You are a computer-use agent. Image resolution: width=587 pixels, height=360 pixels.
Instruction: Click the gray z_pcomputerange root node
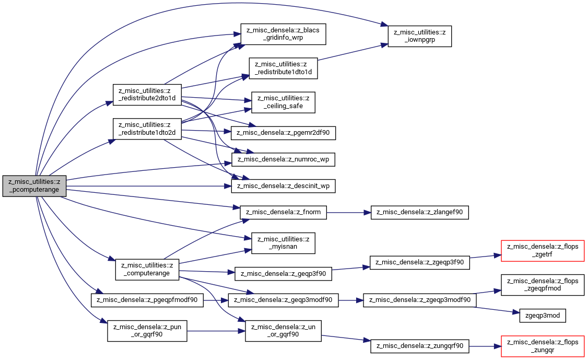[34, 186]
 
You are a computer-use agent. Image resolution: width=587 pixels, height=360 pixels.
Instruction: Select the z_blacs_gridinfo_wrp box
[283, 34]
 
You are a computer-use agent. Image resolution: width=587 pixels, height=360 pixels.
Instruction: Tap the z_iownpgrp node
[420, 37]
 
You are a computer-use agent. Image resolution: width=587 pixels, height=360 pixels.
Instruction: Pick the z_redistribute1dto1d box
[284, 68]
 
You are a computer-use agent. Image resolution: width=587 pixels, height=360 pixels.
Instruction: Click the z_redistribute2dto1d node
[147, 95]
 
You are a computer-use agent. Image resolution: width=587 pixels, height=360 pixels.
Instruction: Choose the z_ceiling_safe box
[283, 102]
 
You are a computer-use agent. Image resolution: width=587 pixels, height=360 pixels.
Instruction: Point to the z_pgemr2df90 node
[284, 133]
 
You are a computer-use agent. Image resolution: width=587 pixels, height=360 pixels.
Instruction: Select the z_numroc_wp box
[284, 159]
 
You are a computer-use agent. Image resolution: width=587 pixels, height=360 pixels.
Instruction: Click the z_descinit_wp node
[284, 186]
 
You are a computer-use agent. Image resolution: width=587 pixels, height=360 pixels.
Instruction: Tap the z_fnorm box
[284, 213]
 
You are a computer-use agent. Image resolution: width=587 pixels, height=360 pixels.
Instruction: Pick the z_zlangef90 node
[420, 213]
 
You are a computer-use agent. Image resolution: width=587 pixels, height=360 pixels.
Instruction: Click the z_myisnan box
[283, 243]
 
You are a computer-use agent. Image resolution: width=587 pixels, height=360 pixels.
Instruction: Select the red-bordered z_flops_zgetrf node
[543, 251]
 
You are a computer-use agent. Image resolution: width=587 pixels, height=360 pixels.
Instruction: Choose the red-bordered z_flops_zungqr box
[543, 346]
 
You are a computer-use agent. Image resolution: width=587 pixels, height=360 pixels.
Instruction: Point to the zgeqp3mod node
[543, 316]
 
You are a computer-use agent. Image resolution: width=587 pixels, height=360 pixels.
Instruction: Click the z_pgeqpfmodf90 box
[147, 300]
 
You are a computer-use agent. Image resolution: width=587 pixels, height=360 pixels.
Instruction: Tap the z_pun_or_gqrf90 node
[147, 331]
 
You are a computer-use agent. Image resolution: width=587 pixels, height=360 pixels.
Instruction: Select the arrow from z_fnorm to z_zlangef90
[348, 213]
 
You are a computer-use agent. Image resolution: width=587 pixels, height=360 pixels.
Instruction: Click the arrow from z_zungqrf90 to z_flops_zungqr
[485, 346]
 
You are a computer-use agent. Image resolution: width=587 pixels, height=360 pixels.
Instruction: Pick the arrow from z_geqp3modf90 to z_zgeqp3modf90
[351, 300]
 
